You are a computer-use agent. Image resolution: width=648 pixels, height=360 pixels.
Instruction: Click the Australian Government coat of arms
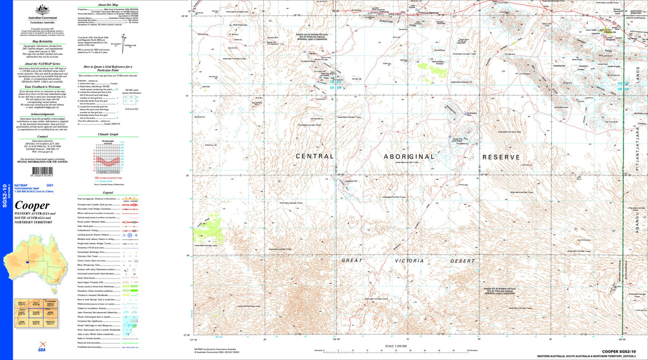point(42,9)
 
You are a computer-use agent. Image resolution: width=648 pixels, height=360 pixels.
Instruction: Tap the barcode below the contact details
point(42,170)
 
